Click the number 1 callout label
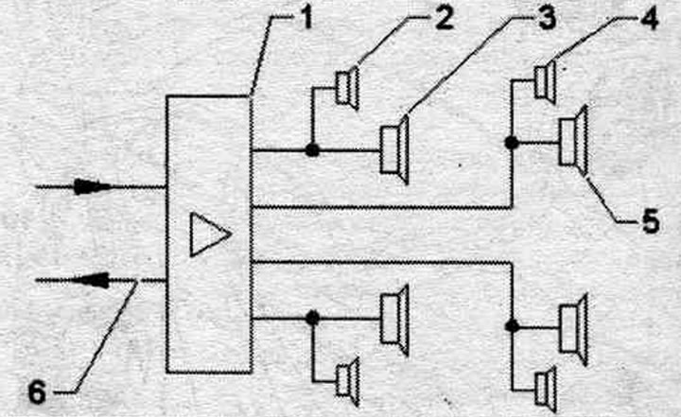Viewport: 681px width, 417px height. (x=306, y=20)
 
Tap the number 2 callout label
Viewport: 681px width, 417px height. (x=444, y=19)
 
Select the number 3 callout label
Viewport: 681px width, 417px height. (x=547, y=19)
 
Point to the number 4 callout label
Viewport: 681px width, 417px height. (x=649, y=19)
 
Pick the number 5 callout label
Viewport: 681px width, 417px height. (x=650, y=220)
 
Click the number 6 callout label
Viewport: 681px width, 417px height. (x=37, y=393)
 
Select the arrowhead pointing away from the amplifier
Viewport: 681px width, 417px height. (x=91, y=280)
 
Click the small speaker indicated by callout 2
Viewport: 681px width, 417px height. (x=347, y=88)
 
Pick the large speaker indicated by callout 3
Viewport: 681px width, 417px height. (x=394, y=149)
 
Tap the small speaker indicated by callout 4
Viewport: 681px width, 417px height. (x=546, y=82)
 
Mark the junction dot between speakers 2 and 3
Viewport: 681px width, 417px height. (x=312, y=150)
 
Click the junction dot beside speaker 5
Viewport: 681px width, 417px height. (x=512, y=142)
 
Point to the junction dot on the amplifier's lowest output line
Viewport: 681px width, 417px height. (x=312, y=318)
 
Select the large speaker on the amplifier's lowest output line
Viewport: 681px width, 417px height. (x=394, y=321)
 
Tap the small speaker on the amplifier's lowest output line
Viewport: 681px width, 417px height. (x=348, y=382)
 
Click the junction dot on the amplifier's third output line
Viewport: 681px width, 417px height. (x=513, y=326)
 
